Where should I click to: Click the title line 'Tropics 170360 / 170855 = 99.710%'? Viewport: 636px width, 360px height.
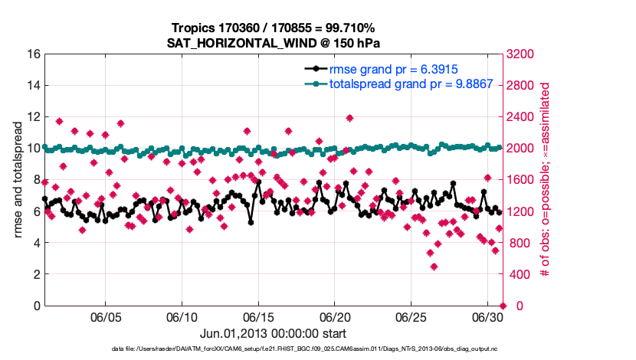click(x=274, y=28)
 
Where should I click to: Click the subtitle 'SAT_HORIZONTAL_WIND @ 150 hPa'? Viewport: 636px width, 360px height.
click(x=274, y=43)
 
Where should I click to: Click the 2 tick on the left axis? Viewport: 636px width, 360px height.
click(x=36, y=274)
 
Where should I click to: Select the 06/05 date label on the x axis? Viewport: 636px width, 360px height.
click(x=107, y=317)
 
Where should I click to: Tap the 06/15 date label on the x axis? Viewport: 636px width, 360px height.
click(x=258, y=317)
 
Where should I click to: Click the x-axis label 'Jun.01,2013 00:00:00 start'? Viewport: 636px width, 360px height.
click(x=273, y=333)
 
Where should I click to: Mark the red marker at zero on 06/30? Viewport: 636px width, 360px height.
click(x=503, y=306)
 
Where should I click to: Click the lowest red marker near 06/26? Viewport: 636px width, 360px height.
click(x=434, y=267)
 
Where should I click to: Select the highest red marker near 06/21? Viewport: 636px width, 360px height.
click(x=349, y=118)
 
